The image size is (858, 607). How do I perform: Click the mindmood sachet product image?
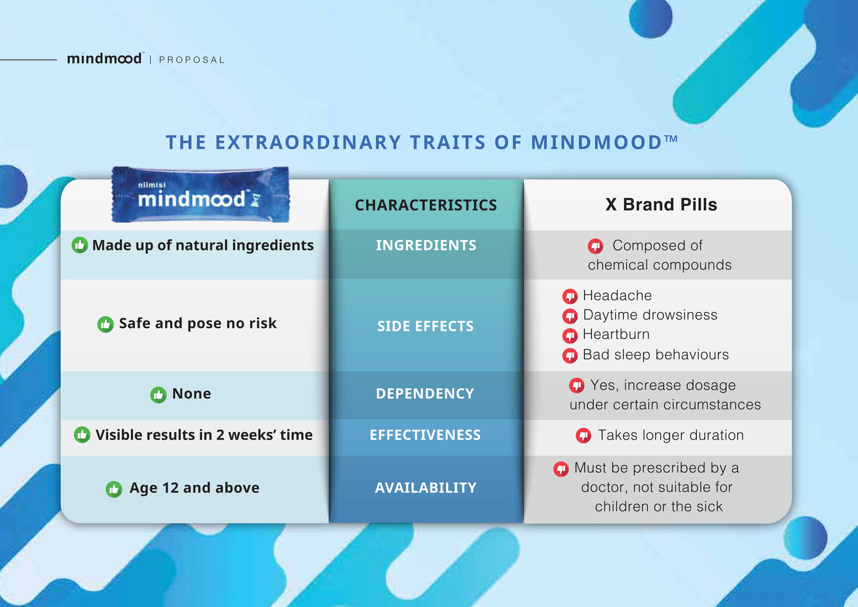(200, 195)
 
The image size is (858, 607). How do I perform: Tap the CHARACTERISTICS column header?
(426, 205)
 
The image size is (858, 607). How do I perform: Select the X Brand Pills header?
(661, 205)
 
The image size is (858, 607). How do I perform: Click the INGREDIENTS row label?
(426, 245)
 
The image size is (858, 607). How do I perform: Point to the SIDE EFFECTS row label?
(425, 326)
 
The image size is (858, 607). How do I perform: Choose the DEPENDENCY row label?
(425, 394)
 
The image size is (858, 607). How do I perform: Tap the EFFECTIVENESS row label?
(425, 435)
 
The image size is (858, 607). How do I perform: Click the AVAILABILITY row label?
(425, 488)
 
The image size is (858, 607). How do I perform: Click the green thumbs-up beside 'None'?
(158, 394)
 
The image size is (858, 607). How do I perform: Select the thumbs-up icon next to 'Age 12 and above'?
(113, 489)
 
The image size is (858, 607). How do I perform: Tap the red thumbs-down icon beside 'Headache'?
(570, 296)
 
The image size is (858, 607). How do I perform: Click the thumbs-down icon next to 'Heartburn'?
(570, 336)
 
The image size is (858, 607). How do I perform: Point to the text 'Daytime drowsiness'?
(650, 315)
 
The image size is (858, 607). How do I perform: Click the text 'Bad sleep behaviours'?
(656, 355)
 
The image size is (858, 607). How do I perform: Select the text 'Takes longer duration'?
(670, 435)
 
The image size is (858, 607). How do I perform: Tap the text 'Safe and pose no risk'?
(198, 323)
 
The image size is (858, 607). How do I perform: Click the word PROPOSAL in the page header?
(192, 60)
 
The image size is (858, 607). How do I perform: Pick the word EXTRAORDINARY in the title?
(308, 143)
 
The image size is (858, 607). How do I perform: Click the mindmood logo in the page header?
(105, 58)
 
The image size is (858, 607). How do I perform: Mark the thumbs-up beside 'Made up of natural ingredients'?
(80, 245)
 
